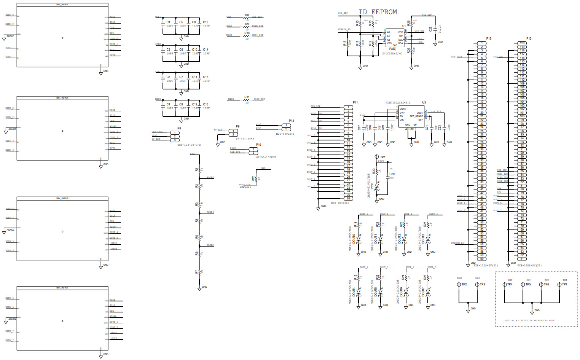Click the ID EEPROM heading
click(x=378, y=12)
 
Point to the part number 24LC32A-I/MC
click(x=392, y=54)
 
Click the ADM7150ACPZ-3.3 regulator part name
click(x=398, y=103)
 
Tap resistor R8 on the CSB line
click(x=247, y=17)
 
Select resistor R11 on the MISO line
click(x=247, y=99)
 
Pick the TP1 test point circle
click(x=377, y=157)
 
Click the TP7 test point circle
click(x=559, y=284)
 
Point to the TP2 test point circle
click(x=459, y=284)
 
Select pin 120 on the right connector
click(x=522, y=43)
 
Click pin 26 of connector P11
click(x=348, y=199)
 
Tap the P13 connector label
click(x=291, y=121)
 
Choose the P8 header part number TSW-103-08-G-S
click(x=189, y=145)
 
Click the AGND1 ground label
click(x=10, y=36)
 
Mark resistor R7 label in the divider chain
click(x=197, y=272)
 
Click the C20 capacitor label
click(x=392, y=174)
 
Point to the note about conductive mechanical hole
click(x=529, y=320)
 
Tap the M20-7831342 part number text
click(x=340, y=203)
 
